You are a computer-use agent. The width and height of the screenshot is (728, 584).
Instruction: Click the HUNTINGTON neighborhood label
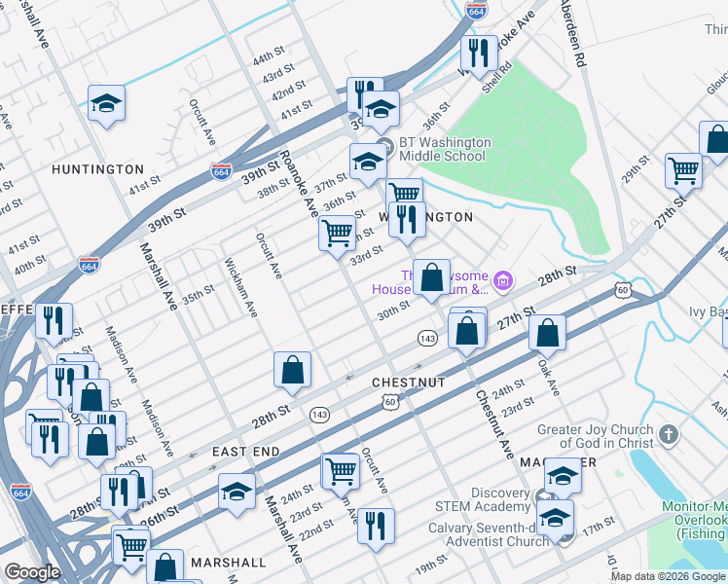pyautogui.click(x=97, y=169)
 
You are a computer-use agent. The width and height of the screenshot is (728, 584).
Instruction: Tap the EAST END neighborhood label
pyautogui.click(x=246, y=452)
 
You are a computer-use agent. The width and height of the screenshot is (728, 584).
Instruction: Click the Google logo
pyautogui.click(x=32, y=572)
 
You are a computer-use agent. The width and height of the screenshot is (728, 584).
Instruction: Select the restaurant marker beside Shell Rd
pyautogui.click(x=476, y=53)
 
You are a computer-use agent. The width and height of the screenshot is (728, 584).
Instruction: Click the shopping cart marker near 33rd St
pyautogui.click(x=337, y=234)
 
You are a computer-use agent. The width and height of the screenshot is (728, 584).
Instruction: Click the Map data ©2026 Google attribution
pyautogui.click(x=668, y=576)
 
